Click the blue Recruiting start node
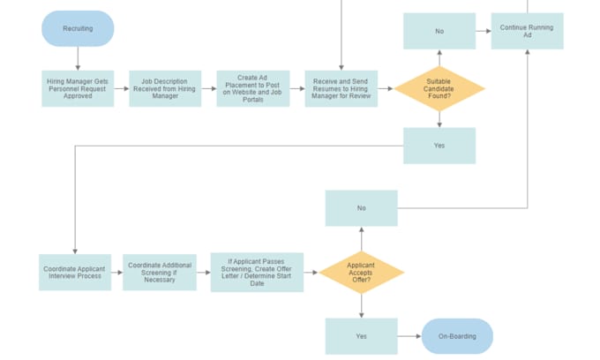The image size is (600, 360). click(78, 28)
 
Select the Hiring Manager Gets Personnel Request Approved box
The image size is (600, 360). click(78, 89)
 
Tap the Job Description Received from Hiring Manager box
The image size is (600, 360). click(165, 89)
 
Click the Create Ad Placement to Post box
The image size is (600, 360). click(253, 89)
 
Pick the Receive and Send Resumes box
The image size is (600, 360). click(341, 89)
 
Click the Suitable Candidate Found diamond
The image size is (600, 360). click(439, 89)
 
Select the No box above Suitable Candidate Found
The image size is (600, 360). click(439, 31)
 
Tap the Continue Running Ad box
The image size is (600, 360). click(527, 31)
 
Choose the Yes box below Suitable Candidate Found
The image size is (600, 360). click(439, 146)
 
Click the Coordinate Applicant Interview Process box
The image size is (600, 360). click(75, 272)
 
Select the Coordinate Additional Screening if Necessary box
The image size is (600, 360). click(160, 272)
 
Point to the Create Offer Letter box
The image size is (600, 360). click(257, 272)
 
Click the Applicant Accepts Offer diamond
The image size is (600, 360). click(361, 272)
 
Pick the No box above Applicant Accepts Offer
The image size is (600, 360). click(361, 208)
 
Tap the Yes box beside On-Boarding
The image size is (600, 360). click(361, 336)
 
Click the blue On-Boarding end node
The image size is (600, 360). click(457, 336)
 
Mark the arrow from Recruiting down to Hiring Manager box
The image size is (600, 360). click(78, 58)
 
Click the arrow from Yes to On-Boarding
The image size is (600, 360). click(409, 336)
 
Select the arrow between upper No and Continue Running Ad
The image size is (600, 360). click(484, 31)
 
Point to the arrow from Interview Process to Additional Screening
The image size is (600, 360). click(117, 272)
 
